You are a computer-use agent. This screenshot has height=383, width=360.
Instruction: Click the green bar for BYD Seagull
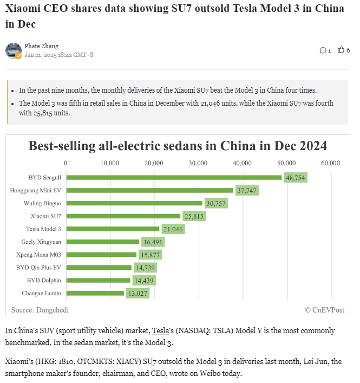173,177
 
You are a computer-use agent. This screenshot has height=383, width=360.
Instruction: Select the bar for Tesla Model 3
113,229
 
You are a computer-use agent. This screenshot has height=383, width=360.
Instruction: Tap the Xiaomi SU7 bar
123,216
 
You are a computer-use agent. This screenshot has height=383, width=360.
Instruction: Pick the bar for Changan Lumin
95,293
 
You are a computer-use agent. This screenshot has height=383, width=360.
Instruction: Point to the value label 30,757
215,203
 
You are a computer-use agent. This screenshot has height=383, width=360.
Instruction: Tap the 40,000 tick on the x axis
242,163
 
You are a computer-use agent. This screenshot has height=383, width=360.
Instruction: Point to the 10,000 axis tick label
110,163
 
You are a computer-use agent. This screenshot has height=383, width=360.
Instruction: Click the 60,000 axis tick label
330,163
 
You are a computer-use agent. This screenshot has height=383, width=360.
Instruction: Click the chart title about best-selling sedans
178,146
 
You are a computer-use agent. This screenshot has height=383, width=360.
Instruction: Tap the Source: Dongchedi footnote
40,309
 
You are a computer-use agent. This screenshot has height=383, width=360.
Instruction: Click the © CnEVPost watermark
324,309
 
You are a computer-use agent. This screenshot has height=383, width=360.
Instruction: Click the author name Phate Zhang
42,46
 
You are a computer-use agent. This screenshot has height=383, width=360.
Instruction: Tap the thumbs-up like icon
341,50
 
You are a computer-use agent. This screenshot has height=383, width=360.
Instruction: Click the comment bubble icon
323,50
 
